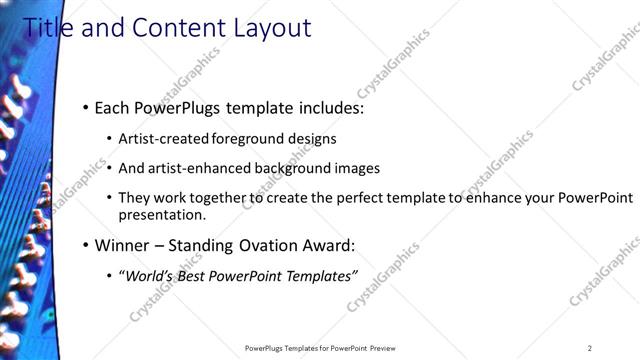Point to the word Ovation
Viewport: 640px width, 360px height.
point(267,245)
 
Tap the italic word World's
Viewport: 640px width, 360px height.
point(149,276)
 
